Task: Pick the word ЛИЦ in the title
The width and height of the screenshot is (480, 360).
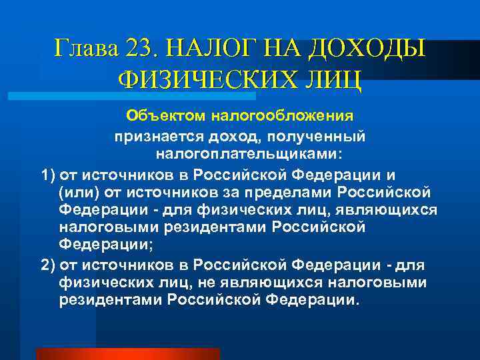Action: coord(336,81)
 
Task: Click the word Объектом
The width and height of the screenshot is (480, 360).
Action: coord(167,116)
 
